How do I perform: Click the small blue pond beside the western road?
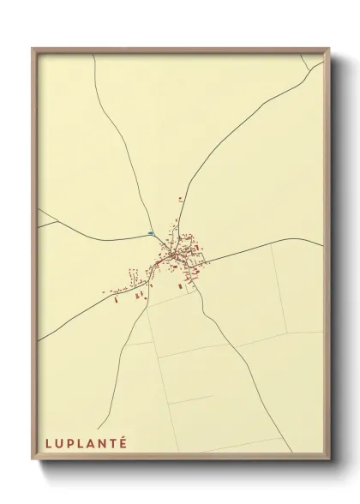tap(151, 232)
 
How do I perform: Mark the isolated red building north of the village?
tap(180, 199)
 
